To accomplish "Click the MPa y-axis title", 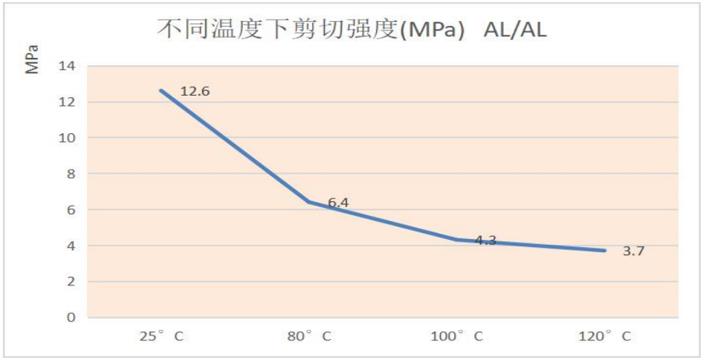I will tap(32, 60).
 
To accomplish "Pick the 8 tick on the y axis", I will tap(70, 174).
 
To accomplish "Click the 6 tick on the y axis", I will tap(70, 210).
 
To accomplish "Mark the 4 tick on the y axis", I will tap(70, 246).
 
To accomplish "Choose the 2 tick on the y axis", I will tap(70, 282).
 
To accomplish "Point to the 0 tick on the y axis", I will tap(70, 317).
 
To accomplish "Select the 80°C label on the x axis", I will tap(309, 336).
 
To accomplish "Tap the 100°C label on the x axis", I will tap(458, 336).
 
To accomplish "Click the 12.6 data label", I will tap(195, 92).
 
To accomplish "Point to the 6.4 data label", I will tap(338, 203).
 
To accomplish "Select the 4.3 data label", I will tap(486, 240).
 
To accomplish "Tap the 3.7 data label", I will tap(633, 252).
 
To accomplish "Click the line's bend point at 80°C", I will tap(309, 202).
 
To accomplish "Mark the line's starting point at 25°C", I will tap(161, 91).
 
